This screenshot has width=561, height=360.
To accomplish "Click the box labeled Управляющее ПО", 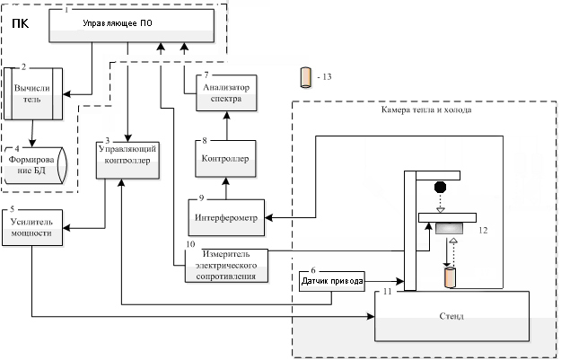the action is click(131, 25).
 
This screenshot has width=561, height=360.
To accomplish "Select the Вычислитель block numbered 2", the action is click(33, 93).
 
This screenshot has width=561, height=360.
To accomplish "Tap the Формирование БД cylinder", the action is click(35, 165).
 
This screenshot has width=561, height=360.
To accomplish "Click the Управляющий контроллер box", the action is click(127, 160).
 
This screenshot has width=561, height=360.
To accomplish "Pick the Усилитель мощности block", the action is click(32, 228).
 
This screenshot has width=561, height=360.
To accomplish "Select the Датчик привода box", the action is click(332, 281).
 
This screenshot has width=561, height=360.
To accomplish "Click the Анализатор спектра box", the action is click(226, 93).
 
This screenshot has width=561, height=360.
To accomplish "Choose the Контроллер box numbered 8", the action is click(225, 159).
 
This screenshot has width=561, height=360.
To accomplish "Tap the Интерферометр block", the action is click(226, 217).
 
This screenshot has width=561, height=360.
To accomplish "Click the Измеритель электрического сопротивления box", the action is click(226, 266).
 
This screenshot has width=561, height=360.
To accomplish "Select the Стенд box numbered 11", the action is click(451, 316).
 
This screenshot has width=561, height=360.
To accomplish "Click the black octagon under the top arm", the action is click(440, 187).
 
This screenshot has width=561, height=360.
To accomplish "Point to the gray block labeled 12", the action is click(449, 228).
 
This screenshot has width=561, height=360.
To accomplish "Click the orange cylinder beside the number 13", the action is click(305, 77).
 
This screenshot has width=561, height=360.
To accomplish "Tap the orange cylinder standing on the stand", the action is click(450, 277).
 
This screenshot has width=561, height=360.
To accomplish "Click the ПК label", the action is click(20, 23).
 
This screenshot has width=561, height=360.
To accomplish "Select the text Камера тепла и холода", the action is click(426, 110).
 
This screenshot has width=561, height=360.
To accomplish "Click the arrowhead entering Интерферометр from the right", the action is click(268, 217).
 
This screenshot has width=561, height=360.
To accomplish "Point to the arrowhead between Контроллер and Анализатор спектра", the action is click(226, 115).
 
